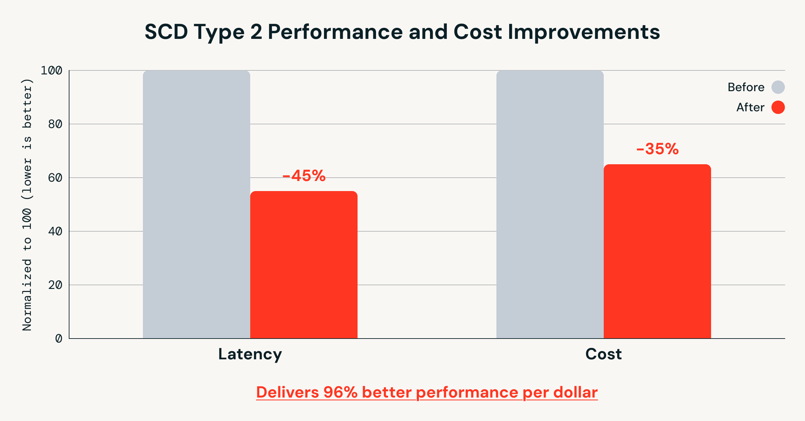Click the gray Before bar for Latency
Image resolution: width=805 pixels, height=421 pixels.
[197, 204]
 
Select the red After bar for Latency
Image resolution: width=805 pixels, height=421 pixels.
[304, 265]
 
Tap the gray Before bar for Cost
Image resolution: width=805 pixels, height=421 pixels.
[550, 204]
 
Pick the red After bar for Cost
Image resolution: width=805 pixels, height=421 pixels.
[657, 251]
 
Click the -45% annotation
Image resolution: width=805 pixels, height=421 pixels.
[304, 176]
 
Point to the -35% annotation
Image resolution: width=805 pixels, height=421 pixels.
[657, 149]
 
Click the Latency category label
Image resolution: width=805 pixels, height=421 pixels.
[250, 354]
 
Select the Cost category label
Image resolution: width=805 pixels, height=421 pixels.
[603, 354]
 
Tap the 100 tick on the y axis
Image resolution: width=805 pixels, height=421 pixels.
[51, 70]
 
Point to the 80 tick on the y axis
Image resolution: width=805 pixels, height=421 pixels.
[55, 124]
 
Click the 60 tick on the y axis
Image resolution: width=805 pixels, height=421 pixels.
[55, 178]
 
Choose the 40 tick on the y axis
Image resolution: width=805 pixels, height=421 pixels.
[55, 231]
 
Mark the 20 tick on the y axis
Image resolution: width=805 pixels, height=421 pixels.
[55, 285]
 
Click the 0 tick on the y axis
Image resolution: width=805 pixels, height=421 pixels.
[59, 339]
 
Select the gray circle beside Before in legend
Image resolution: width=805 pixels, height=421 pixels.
[778, 87]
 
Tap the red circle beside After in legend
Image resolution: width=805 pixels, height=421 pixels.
[778, 107]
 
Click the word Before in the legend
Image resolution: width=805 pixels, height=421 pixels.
[746, 87]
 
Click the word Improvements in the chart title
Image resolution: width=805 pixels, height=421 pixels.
[584, 32]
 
